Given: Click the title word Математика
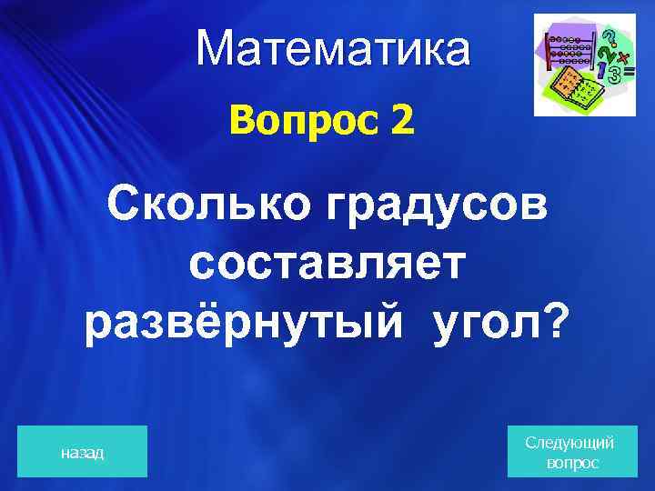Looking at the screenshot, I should click(x=333, y=50).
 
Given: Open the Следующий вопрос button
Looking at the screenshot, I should click(x=569, y=451).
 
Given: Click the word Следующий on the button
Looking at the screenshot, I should click(x=569, y=442).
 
